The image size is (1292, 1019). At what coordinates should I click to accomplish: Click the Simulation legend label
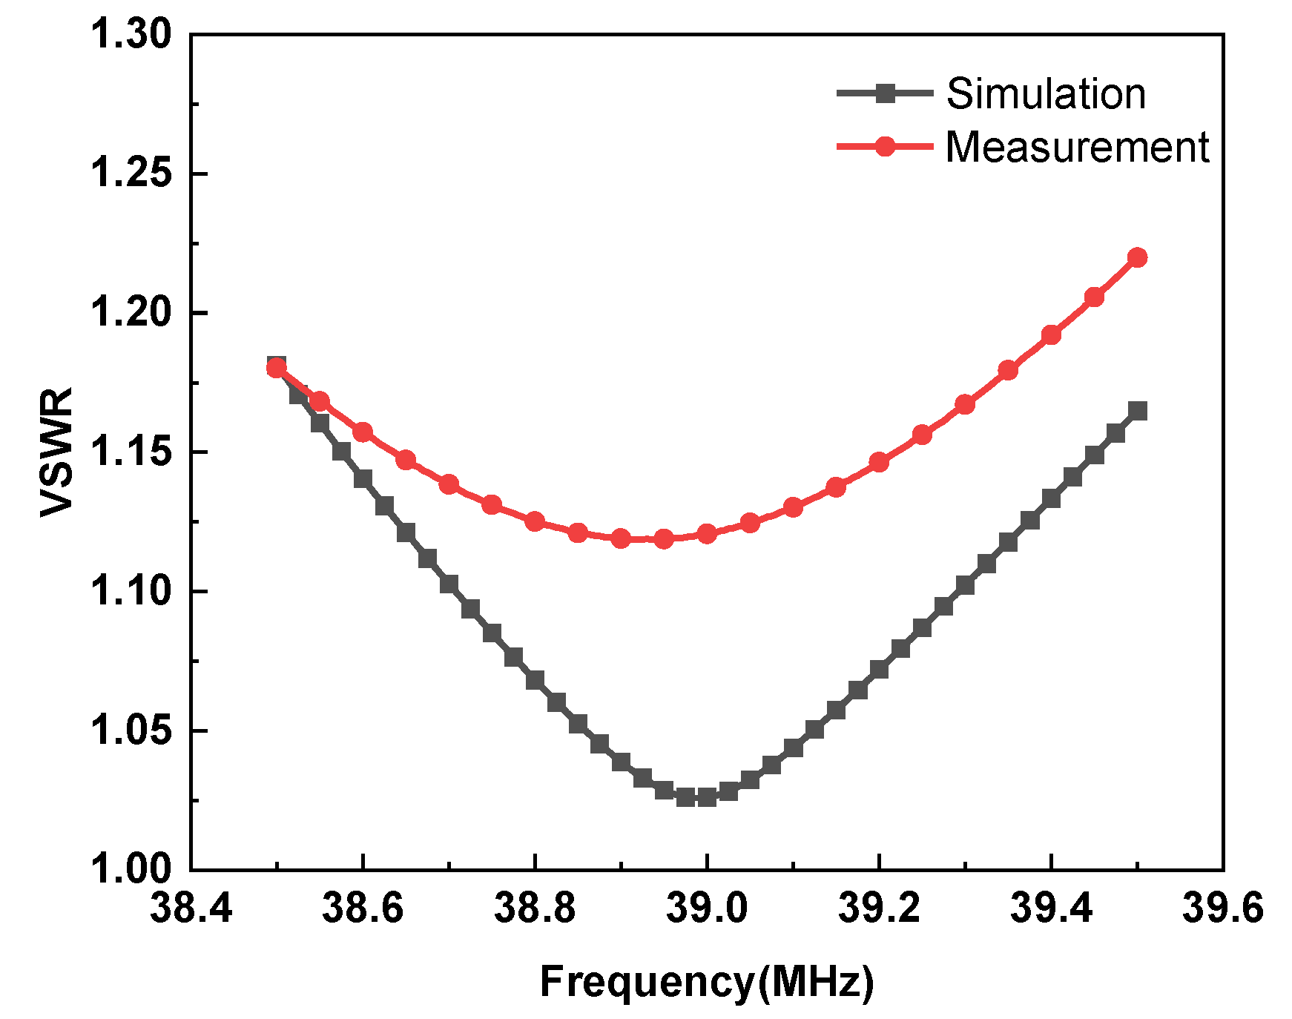click(1046, 94)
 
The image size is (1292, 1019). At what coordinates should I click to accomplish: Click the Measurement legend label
click(1077, 147)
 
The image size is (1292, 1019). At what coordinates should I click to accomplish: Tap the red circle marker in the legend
click(885, 146)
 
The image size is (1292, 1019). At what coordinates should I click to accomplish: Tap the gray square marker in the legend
click(885, 93)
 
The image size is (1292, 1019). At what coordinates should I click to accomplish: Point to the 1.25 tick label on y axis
click(130, 174)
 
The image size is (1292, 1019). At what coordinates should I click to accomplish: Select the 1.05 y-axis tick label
click(130, 731)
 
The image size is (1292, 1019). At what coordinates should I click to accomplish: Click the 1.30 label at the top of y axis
click(130, 34)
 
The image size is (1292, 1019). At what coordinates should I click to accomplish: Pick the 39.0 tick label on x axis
click(706, 907)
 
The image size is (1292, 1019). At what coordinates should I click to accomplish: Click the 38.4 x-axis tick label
click(191, 907)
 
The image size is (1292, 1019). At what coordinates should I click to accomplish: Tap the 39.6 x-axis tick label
click(1222, 907)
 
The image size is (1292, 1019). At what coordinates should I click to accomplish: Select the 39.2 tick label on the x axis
click(878, 907)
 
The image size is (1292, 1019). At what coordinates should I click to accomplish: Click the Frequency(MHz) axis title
click(706, 982)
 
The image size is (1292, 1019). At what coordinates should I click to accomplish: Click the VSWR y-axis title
click(57, 452)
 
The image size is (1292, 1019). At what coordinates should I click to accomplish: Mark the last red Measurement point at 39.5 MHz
click(1137, 257)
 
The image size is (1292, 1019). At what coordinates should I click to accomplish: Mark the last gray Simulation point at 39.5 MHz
click(1137, 411)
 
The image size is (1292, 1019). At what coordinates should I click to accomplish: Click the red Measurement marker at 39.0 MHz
click(707, 533)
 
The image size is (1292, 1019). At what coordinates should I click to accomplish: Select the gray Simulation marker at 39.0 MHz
click(707, 797)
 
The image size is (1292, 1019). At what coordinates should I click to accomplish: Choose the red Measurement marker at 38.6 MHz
click(363, 432)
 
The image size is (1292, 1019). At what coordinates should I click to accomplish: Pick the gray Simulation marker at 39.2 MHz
click(879, 670)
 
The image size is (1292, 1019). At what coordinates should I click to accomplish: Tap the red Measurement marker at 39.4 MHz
click(1051, 335)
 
